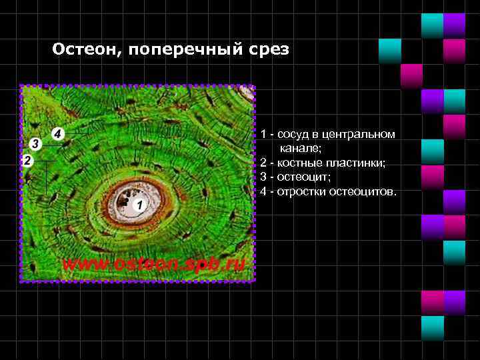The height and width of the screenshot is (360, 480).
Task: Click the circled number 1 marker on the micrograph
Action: tap(139, 205)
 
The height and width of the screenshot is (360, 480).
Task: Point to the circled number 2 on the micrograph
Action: tap(27, 161)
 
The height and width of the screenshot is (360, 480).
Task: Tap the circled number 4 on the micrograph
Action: tap(58, 133)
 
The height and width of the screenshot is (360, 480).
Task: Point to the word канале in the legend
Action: tap(300, 149)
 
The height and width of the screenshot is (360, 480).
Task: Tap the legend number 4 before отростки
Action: tap(264, 192)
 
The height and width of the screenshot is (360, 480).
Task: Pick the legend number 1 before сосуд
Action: tap(264, 135)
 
